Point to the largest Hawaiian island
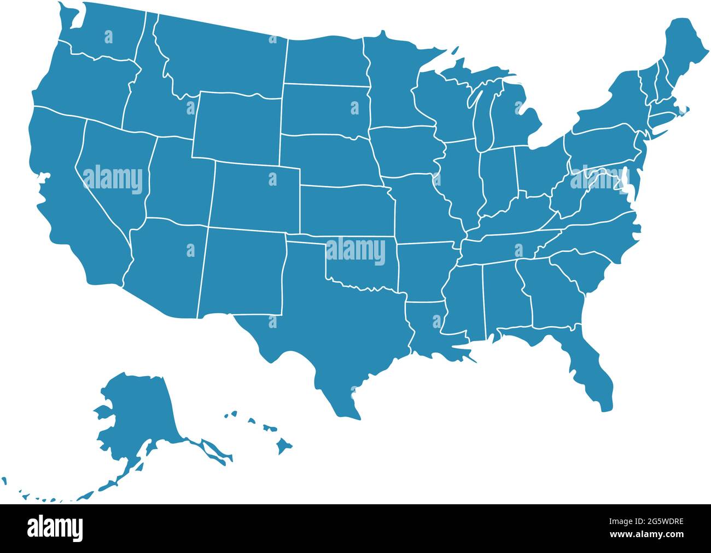[284, 446]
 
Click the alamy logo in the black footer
[55, 528]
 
